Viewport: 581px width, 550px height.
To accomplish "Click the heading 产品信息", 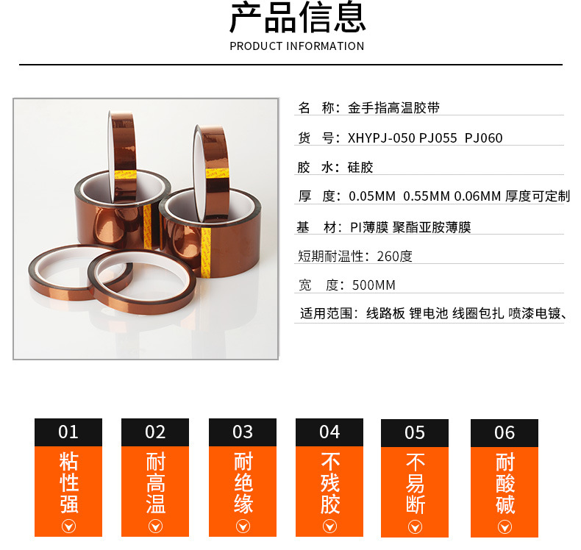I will click(x=297, y=18).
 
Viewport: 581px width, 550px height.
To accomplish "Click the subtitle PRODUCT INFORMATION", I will click(x=297, y=46).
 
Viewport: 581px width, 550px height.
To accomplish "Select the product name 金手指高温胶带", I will click(x=393, y=108).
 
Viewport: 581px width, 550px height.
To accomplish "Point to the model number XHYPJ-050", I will click(x=380, y=138).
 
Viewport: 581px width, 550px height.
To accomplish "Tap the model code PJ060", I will click(x=484, y=138).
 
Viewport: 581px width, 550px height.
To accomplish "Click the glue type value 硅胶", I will click(x=360, y=168).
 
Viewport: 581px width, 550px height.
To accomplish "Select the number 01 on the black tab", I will click(x=68, y=432).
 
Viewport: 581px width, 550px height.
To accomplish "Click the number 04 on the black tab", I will click(x=329, y=432).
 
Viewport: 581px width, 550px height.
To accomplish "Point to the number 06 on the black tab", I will click(x=505, y=432).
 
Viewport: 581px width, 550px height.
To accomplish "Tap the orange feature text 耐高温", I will click(x=155, y=483).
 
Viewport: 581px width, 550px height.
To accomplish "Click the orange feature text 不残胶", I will click(x=329, y=483).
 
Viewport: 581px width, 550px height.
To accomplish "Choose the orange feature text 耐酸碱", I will click(x=505, y=484).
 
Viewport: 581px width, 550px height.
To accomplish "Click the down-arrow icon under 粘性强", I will click(x=68, y=526).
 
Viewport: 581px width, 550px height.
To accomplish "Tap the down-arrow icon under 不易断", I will click(x=415, y=526).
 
